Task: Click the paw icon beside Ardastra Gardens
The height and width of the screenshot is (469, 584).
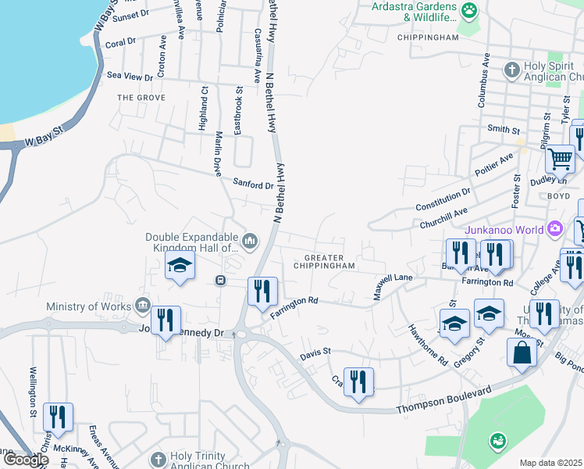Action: (x=469, y=10)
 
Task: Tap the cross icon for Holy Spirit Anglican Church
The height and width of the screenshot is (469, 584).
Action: (x=511, y=70)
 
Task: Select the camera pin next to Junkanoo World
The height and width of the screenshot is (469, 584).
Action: (x=555, y=230)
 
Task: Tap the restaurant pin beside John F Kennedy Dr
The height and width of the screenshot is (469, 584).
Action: (x=166, y=321)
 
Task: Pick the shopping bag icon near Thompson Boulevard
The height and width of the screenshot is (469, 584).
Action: (x=522, y=353)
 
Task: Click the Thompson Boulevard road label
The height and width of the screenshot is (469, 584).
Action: (x=443, y=399)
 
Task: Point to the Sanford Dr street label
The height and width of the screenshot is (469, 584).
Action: (x=254, y=185)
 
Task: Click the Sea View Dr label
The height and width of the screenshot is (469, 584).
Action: (x=130, y=77)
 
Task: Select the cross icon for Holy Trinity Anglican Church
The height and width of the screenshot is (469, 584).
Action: (x=158, y=459)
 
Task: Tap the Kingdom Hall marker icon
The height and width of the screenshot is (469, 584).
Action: (x=250, y=240)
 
